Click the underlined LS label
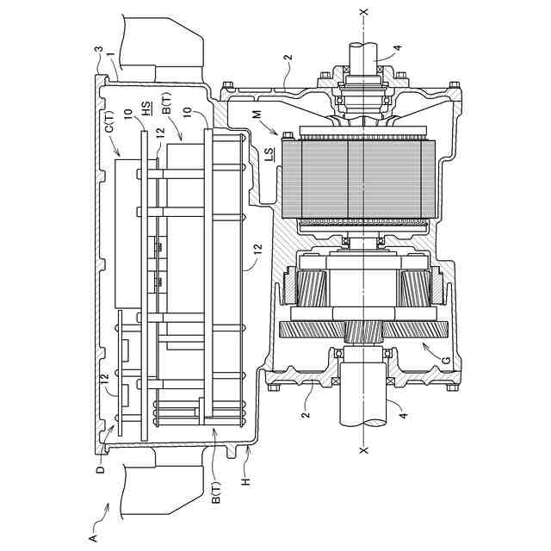coord(269,155)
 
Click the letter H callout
coord(245,480)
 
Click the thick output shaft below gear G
coord(368,404)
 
